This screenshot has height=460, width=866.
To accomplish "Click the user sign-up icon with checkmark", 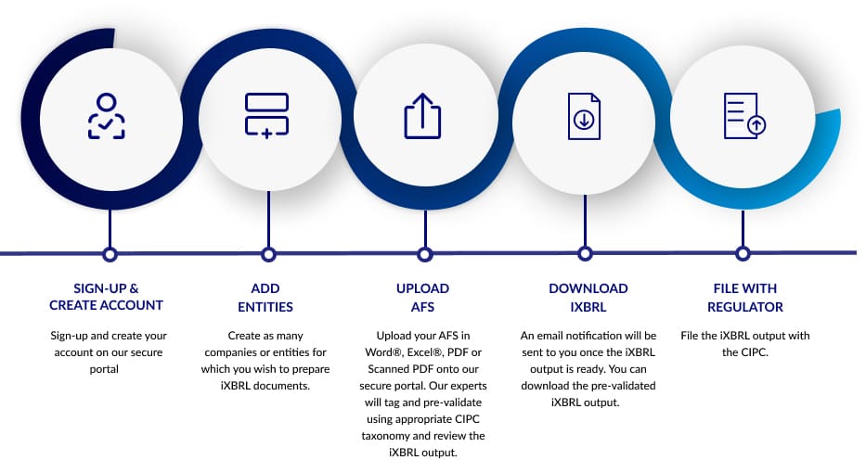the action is point(107,116).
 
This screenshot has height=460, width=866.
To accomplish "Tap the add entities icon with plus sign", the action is point(266,115).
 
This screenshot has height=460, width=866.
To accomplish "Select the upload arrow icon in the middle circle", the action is point(422,115).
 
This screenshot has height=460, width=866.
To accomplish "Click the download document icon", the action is point(585,116).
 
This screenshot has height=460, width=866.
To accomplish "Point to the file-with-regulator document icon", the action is point(744,115).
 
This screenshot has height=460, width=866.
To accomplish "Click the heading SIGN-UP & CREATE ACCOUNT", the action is point(106,297).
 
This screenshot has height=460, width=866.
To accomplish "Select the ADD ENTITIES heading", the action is point(265,298).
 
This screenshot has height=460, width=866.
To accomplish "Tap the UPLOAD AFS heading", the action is point(422,298).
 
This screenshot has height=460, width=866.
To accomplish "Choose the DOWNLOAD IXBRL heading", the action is point(588,298).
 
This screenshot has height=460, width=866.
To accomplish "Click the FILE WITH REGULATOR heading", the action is point(745,298).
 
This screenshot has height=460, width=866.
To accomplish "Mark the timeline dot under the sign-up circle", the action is point(110,254).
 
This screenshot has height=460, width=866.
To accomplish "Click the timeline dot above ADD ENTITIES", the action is point(268,254).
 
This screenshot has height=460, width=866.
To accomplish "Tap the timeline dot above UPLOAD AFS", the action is point(424,254).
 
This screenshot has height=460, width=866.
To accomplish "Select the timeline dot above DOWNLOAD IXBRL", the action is point(585,254).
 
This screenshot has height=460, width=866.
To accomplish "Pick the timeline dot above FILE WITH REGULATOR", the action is point(743,254).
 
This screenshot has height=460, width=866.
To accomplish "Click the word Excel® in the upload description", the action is point(425,351).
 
